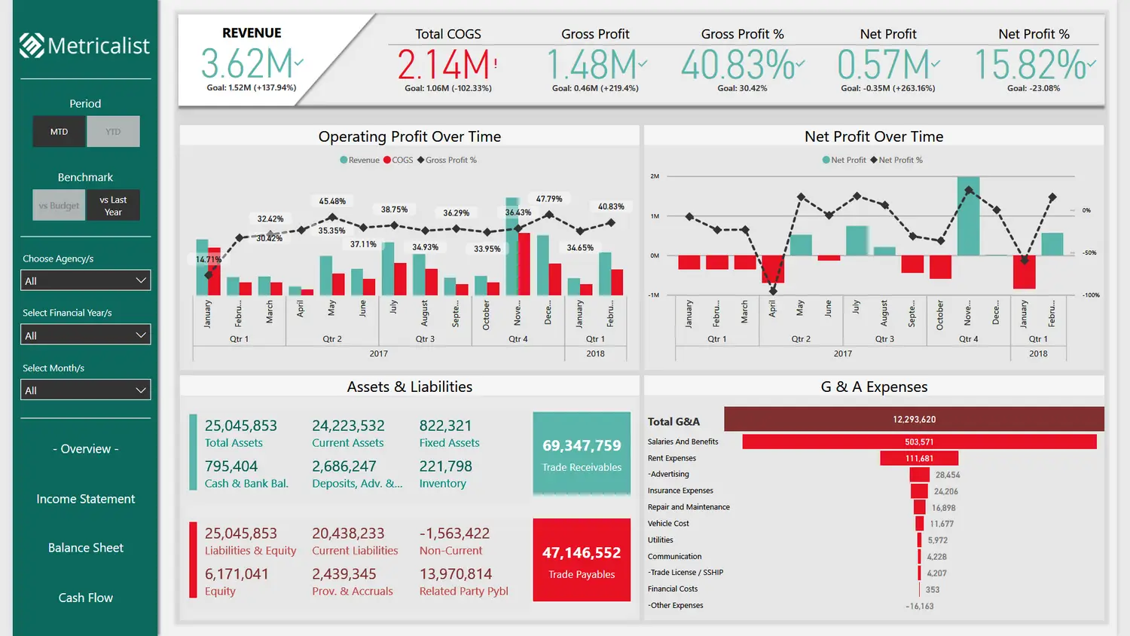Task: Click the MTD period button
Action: [60, 132]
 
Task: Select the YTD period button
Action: [113, 132]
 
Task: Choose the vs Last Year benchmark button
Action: [113, 206]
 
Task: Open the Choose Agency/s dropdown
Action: [86, 280]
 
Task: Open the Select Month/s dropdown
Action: [86, 390]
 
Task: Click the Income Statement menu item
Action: [86, 499]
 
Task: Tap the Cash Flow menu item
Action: [86, 598]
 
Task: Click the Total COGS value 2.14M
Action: [444, 65]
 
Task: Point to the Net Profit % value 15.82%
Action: [1032, 65]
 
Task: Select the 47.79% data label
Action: [549, 199]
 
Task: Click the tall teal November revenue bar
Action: [512, 249]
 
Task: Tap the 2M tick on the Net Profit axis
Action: [655, 176]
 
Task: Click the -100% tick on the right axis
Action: [1091, 295]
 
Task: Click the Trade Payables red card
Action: [582, 560]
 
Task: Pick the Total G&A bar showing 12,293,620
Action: [914, 420]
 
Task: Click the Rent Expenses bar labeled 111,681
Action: [919, 458]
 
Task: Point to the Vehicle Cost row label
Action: [668, 524]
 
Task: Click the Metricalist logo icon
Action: [32, 45]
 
